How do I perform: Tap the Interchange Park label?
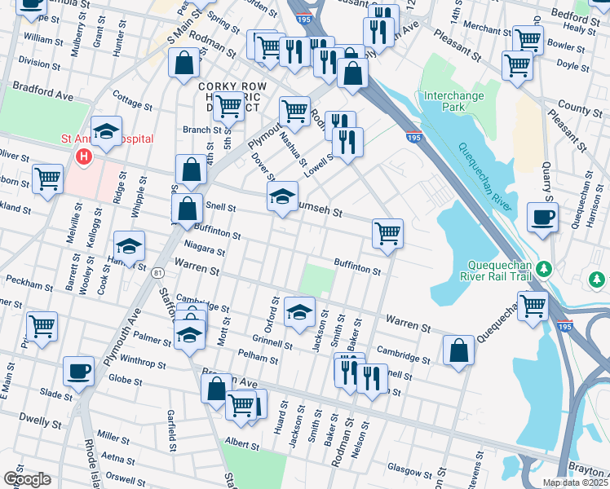tap(454, 101)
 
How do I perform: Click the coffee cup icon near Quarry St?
tap(543, 217)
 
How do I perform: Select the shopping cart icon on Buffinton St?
tap(388, 232)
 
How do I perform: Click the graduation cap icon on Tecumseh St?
tap(282, 196)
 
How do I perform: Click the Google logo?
tap(27, 478)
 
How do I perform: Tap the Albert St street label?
tap(242, 444)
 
